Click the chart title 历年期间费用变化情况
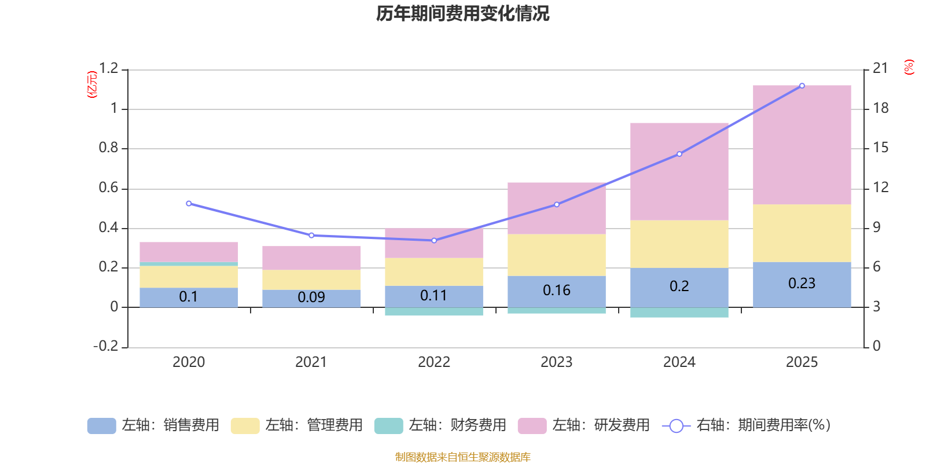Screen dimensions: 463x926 [x=462, y=13]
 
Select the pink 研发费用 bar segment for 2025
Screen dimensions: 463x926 [x=802, y=145]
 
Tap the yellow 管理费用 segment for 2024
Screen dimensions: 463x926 [x=679, y=244]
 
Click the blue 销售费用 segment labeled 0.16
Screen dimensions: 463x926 [x=556, y=291]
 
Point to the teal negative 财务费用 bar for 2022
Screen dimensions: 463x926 [x=433, y=312]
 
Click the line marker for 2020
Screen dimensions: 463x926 [x=189, y=204]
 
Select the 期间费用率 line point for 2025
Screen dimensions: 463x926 [x=802, y=86]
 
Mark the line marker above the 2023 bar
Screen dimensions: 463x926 [x=556, y=204]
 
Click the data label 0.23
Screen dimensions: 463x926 [x=802, y=283]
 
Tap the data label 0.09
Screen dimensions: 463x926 [x=311, y=297]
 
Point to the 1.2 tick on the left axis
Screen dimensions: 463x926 [x=108, y=69]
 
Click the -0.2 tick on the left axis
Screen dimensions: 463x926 [x=106, y=346]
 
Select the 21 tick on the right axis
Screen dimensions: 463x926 [x=880, y=69]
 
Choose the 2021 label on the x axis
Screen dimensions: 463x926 [x=311, y=362]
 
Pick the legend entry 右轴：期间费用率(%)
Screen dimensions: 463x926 [x=746, y=425]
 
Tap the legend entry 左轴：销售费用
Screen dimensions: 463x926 [x=153, y=425]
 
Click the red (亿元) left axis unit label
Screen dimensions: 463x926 [x=91, y=84]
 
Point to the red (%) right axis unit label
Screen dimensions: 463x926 [x=909, y=67]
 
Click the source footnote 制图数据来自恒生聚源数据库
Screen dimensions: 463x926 [x=462, y=457]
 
